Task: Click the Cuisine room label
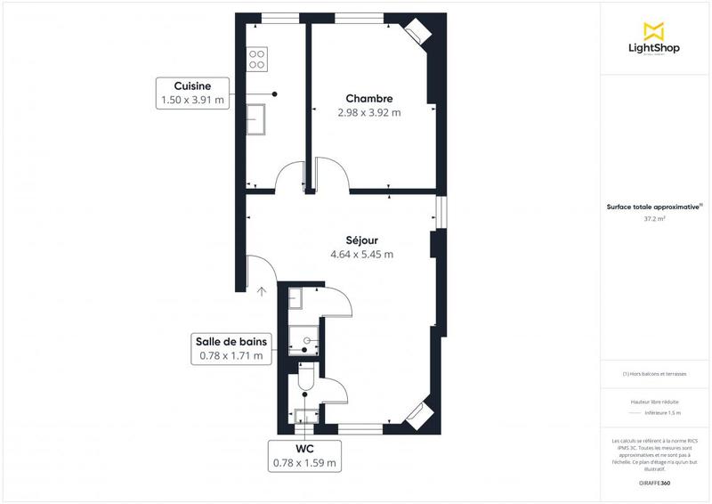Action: point(192,86)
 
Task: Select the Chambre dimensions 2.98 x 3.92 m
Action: point(369,113)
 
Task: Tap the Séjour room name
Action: point(361,240)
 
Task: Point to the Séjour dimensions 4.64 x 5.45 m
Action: point(361,254)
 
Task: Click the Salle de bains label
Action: point(231,341)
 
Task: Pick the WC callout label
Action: point(305,448)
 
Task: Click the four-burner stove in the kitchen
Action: point(257,59)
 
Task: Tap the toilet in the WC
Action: point(304,381)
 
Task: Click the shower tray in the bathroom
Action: point(304,338)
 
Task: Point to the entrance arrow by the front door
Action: point(263,289)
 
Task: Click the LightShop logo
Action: point(654,39)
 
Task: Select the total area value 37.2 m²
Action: point(654,217)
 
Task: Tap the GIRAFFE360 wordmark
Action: point(654,482)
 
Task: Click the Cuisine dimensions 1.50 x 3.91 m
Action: point(192,101)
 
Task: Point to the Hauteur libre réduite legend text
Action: point(654,402)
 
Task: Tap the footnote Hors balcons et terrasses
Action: point(654,374)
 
